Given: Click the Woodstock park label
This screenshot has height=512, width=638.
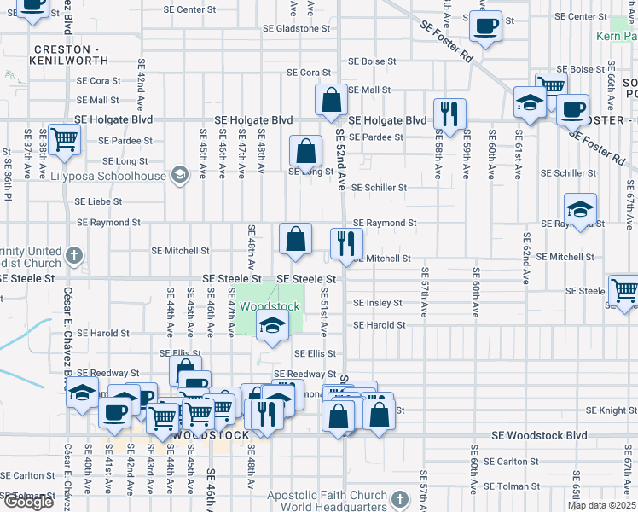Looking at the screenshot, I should [270, 306].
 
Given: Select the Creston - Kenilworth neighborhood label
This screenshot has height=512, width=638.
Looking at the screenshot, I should [69, 55].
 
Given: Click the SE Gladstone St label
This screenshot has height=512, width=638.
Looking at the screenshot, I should [296, 28].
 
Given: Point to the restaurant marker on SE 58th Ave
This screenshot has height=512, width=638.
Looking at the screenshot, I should [448, 113].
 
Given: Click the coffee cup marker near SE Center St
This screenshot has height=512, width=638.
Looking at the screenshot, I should [485, 26].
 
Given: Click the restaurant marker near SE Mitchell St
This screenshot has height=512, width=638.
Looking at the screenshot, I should [346, 243].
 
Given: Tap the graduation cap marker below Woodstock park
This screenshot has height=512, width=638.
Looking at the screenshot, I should [273, 326].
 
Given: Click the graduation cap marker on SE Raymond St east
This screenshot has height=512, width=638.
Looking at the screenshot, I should [580, 209].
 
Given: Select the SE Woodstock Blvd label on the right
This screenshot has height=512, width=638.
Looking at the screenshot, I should [540, 435].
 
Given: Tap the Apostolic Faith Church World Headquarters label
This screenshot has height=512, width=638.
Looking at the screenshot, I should [327, 501].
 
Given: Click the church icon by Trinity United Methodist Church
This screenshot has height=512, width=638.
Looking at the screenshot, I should [74, 254].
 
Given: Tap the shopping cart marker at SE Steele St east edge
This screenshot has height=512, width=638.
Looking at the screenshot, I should [623, 290].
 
